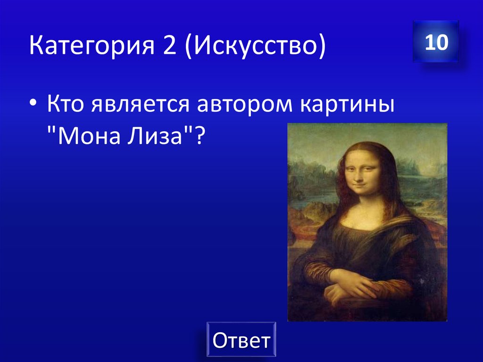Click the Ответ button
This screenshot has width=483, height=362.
point(241,339)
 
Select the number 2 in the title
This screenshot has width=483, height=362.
point(171,48)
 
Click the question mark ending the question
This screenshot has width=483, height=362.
point(200,138)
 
